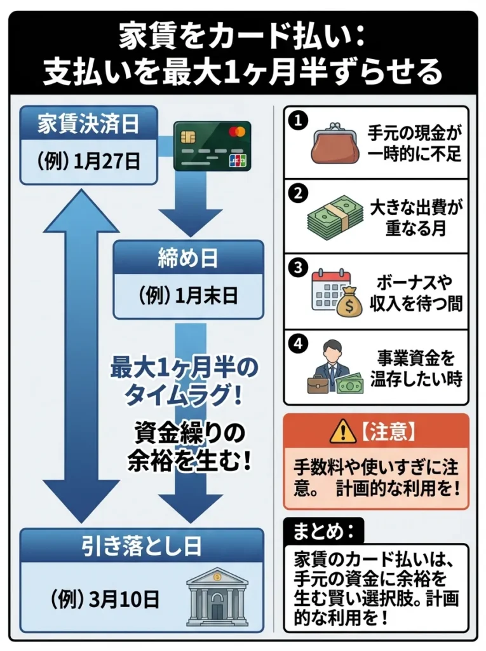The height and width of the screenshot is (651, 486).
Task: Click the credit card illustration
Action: [212, 145]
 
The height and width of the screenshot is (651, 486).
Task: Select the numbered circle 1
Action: [296, 119]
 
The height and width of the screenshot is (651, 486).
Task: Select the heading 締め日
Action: [187, 258]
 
